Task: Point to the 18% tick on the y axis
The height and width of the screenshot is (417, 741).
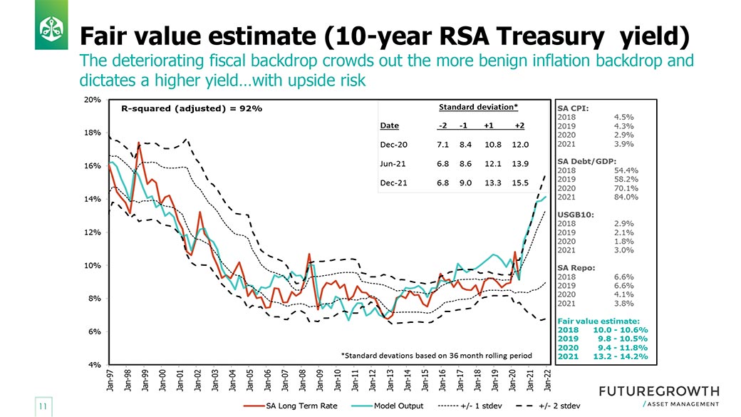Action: pyautogui.click(x=93, y=133)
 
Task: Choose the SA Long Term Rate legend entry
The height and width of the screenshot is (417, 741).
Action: pyautogui.click(x=287, y=406)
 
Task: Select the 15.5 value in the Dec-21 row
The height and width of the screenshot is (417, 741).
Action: pyautogui.click(x=520, y=182)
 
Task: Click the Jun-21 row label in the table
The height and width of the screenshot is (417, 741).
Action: pyautogui.click(x=393, y=163)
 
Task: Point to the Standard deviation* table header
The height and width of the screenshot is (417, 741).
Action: pyautogui.click(x=477, y=107)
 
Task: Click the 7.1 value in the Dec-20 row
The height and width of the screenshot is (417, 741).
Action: pyautogui.click(x=442, y=145)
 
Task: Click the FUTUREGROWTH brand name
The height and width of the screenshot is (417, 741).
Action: pyautogui.click(x=659, y=391)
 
